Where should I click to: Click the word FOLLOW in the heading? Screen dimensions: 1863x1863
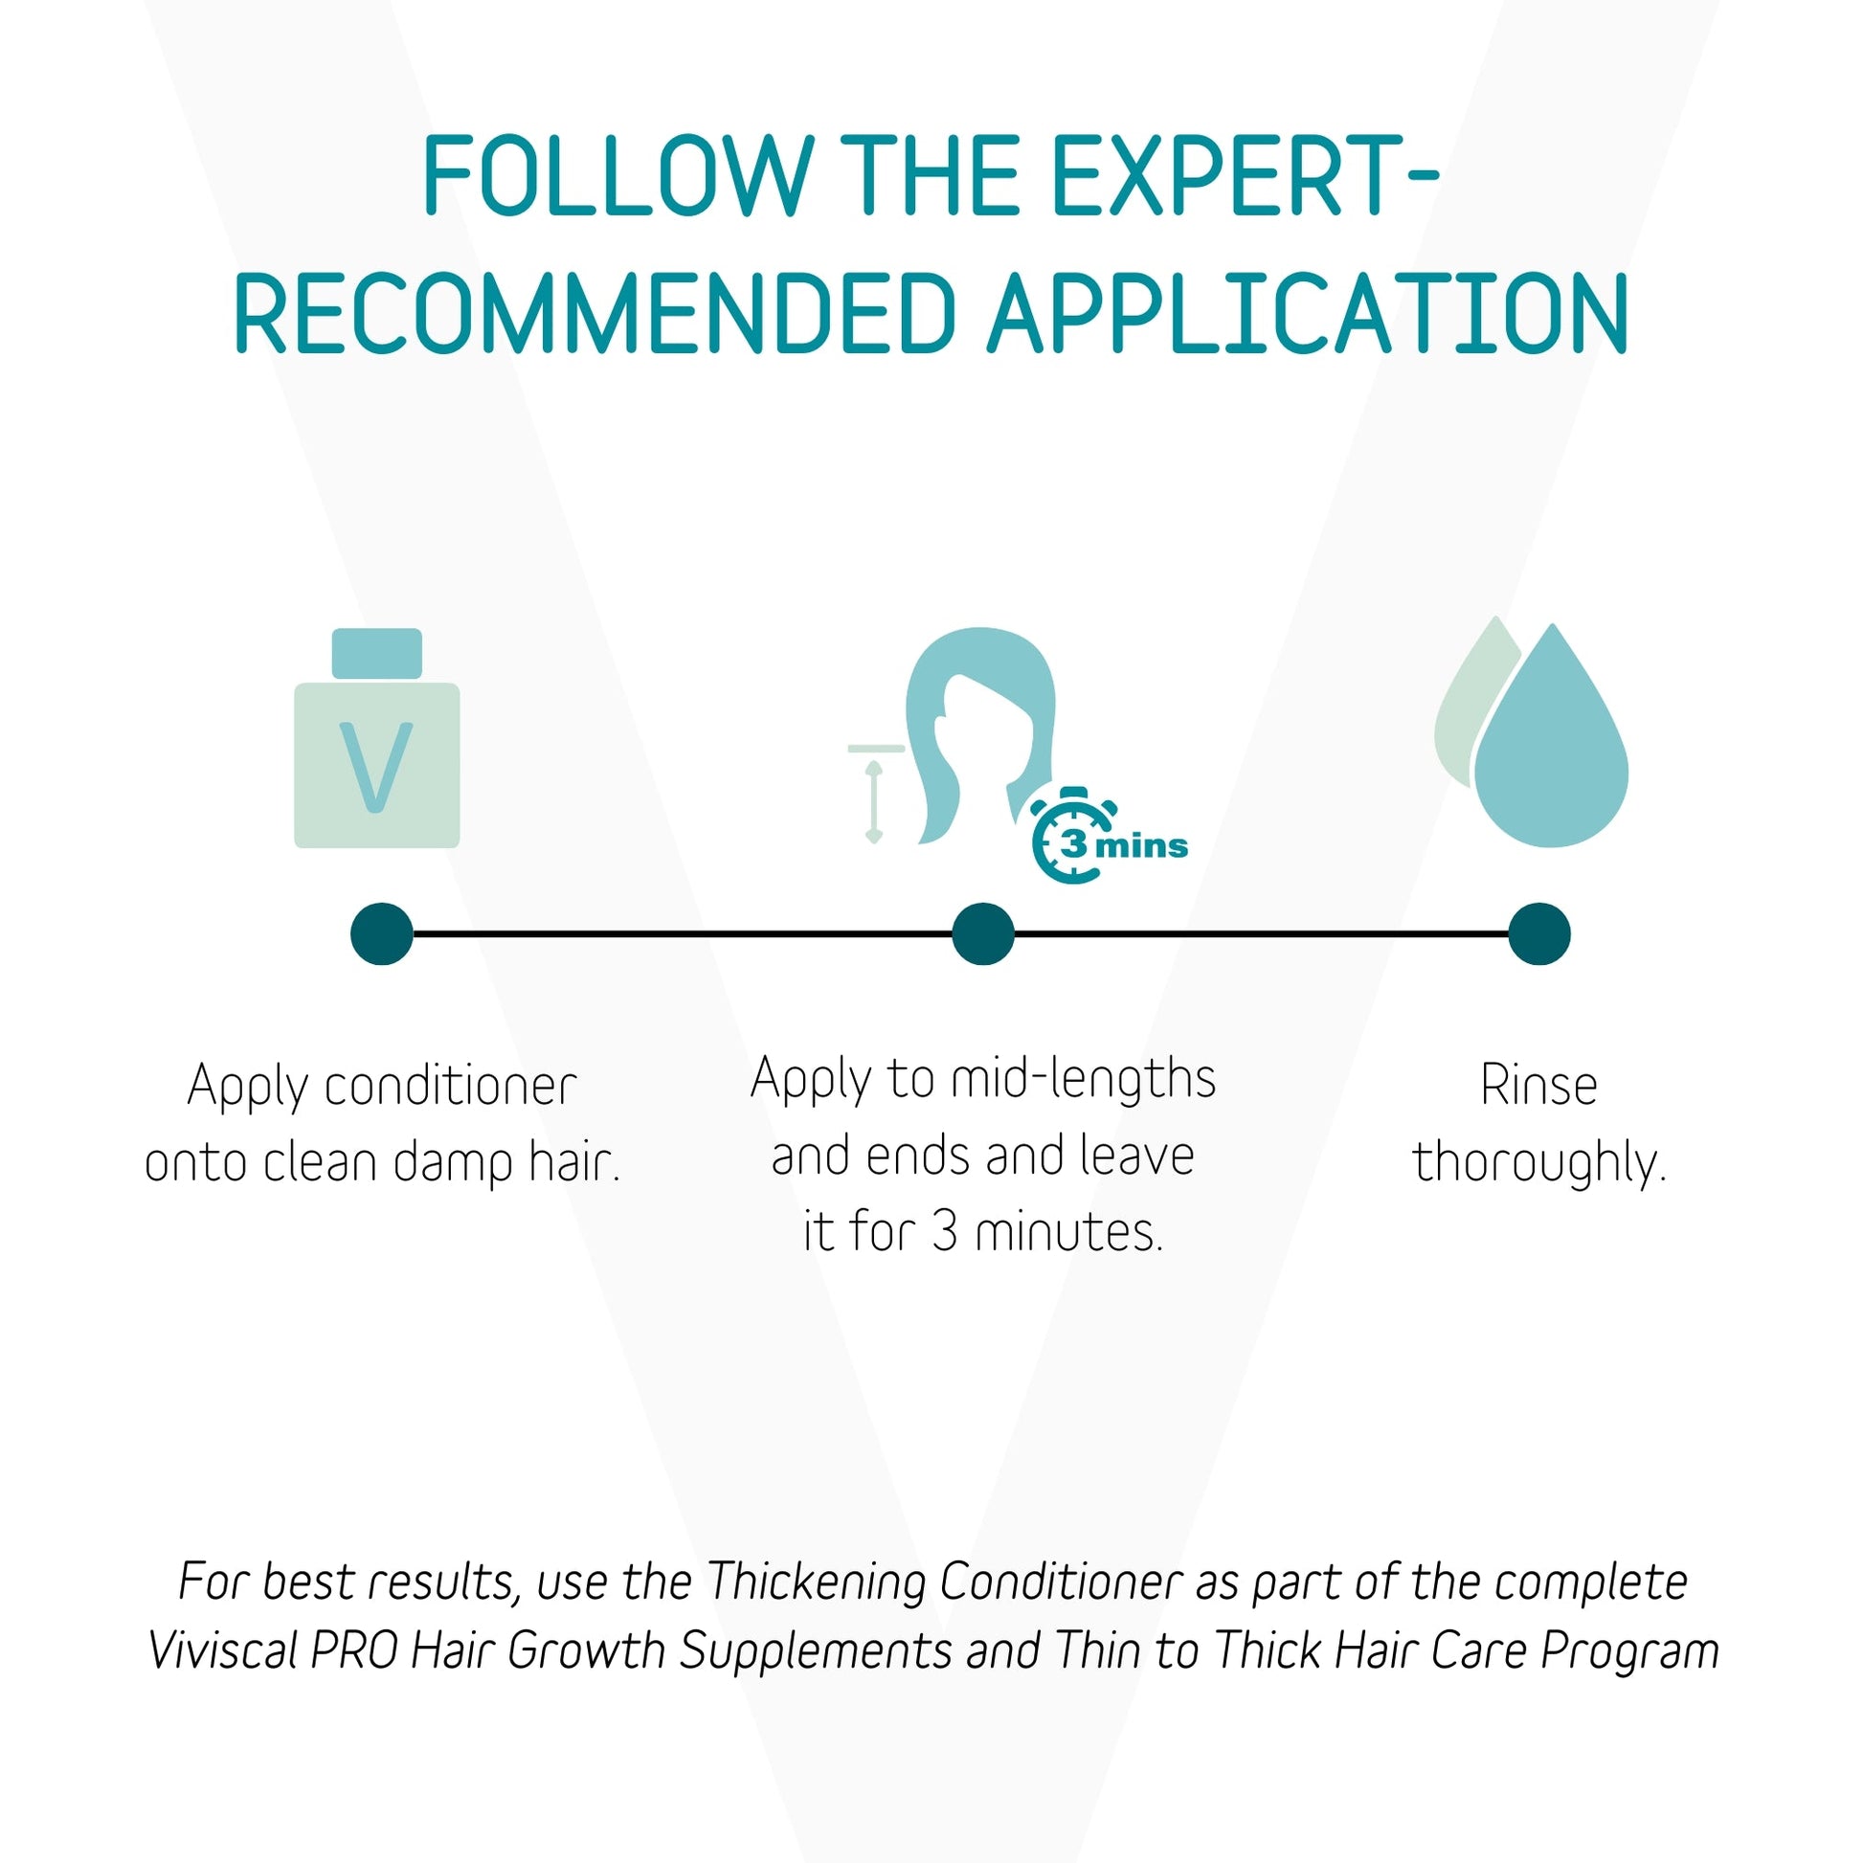[x=618, y=176]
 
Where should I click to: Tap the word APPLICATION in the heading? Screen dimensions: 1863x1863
[x=1308, y=313]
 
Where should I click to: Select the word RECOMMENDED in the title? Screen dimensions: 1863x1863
[x=594, y=313]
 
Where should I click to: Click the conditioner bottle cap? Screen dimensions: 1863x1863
[x=376, y=653]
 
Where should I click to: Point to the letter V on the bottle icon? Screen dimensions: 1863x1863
[x=376, y=767]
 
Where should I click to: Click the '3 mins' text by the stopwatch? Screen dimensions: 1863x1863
[x=1124, y=845]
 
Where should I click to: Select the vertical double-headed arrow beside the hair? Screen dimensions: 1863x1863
[x=874, y=802]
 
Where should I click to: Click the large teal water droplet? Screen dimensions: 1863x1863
[x=1552, y=748]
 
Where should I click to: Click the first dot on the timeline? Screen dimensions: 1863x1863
[x=382, y=933]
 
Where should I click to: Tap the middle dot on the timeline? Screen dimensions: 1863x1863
[x=982, y=933]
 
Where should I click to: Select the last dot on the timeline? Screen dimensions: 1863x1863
[x=1539, y=933]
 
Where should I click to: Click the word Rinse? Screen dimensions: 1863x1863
[x=1539, y=1086]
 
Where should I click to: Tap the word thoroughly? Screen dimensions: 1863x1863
[x=1539, y=1163]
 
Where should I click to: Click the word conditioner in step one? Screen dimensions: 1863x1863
[x=450, y=1087]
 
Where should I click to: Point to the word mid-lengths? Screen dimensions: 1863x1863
[x=1083, y=1077]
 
